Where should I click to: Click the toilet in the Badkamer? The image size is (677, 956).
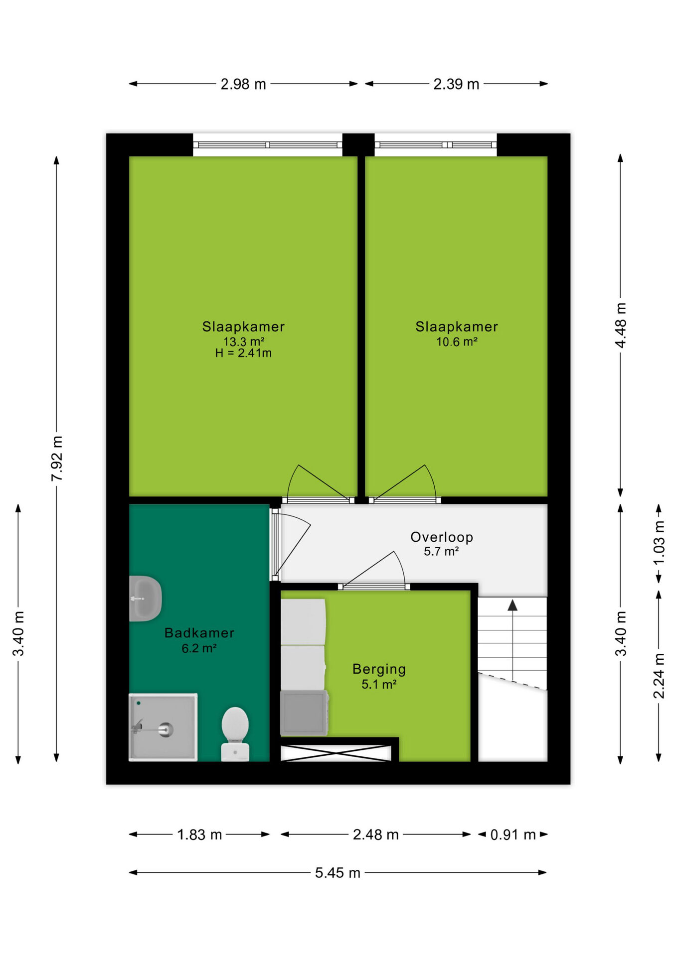coord(235,733)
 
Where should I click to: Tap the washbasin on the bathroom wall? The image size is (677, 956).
coord(145,598)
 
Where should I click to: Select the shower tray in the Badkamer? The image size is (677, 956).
coord(163,727)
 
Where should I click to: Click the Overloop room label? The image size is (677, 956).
coord(442,537)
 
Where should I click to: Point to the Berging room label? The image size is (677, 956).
coord(379,669)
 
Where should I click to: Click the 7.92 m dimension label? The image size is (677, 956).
coord(57,458)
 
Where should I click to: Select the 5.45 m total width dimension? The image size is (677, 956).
coord(338,873)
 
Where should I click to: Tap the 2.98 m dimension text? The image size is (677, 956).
coord(243,84)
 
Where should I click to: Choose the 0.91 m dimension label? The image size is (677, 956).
coord(513,835)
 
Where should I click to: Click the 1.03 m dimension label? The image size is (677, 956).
coord(659,542)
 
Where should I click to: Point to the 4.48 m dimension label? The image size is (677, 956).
coord(621,325)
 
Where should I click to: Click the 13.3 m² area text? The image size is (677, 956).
coord(244,342)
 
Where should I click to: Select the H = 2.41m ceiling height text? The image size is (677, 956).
coord(243,353)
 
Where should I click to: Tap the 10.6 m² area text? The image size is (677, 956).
coord(457,342)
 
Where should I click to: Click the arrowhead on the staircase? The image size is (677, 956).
coord(512,605)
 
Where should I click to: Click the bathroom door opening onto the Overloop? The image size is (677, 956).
coord(291,544)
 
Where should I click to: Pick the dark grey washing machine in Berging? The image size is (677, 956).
coord(304,713)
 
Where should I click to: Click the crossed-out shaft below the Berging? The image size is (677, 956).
coord(336,753)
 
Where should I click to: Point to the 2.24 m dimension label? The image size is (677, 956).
coord(659,676)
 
